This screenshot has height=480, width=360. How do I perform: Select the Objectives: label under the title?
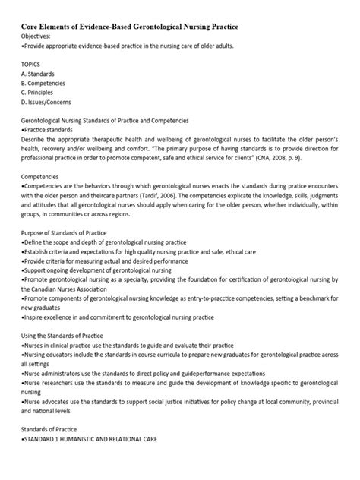point(37,36)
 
